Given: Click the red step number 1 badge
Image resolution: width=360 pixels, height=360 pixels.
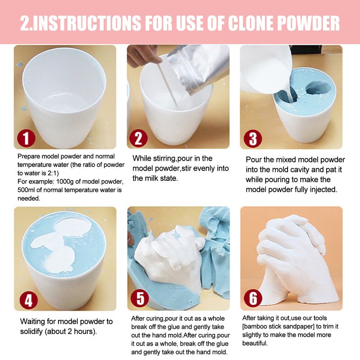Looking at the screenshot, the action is pos(26,139).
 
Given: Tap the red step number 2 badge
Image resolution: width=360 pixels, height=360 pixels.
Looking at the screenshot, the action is pos(138,138).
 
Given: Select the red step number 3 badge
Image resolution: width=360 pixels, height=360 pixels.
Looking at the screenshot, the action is pos(252,139).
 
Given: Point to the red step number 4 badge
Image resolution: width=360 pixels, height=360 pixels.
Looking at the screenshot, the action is pos(28,300).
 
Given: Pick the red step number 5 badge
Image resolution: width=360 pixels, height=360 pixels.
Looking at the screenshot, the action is pos(139,298).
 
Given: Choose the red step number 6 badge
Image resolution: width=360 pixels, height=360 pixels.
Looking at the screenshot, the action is pos(253,298).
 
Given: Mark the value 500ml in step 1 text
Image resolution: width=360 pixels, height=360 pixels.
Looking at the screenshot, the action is pos(25,190).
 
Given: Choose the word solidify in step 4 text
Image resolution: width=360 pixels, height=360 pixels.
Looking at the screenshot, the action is pos(31,332).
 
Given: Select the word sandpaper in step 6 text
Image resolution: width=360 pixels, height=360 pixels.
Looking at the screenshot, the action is pos(299,327).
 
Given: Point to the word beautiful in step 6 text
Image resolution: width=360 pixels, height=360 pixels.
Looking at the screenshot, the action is pos(255,343).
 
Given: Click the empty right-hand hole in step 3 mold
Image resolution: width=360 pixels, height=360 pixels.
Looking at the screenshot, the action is pos(318,87).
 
